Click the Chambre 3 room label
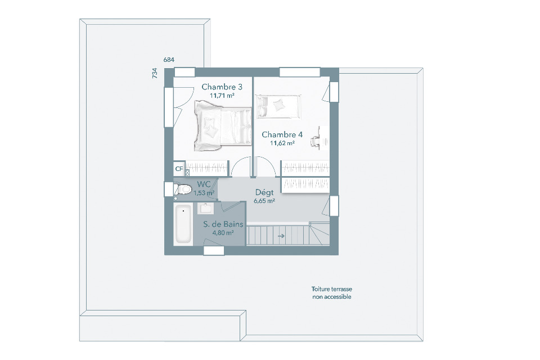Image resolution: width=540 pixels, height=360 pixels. [222, 87]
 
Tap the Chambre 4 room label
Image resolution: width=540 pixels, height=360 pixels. [282, 134]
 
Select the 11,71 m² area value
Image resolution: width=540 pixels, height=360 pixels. [222, 96]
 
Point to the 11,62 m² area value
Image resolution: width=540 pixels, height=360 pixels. [282, 143]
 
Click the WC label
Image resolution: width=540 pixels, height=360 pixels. [204, 184]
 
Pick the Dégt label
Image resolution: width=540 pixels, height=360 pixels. [264, 192]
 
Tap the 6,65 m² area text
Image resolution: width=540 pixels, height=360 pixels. [264, 201]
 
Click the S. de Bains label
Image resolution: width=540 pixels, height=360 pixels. [223, 224]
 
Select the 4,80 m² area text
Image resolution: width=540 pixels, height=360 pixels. [223, 233]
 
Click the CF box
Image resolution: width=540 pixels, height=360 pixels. [179, 169]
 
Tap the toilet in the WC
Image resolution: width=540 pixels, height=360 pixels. [182, 189]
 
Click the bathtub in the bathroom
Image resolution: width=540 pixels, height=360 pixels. [183, 224]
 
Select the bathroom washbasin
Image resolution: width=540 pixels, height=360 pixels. [206, 209]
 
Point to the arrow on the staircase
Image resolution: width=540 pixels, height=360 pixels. [281, 236]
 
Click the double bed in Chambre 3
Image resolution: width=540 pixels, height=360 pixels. [223, 126]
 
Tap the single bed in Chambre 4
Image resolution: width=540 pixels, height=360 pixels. [278, 106]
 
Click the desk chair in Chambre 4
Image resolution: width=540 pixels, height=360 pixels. [315, 141]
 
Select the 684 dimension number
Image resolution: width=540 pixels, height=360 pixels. [169, 60]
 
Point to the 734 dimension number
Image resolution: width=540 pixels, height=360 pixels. [155, 73]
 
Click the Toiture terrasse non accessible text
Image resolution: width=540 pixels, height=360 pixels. [332, 293]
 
